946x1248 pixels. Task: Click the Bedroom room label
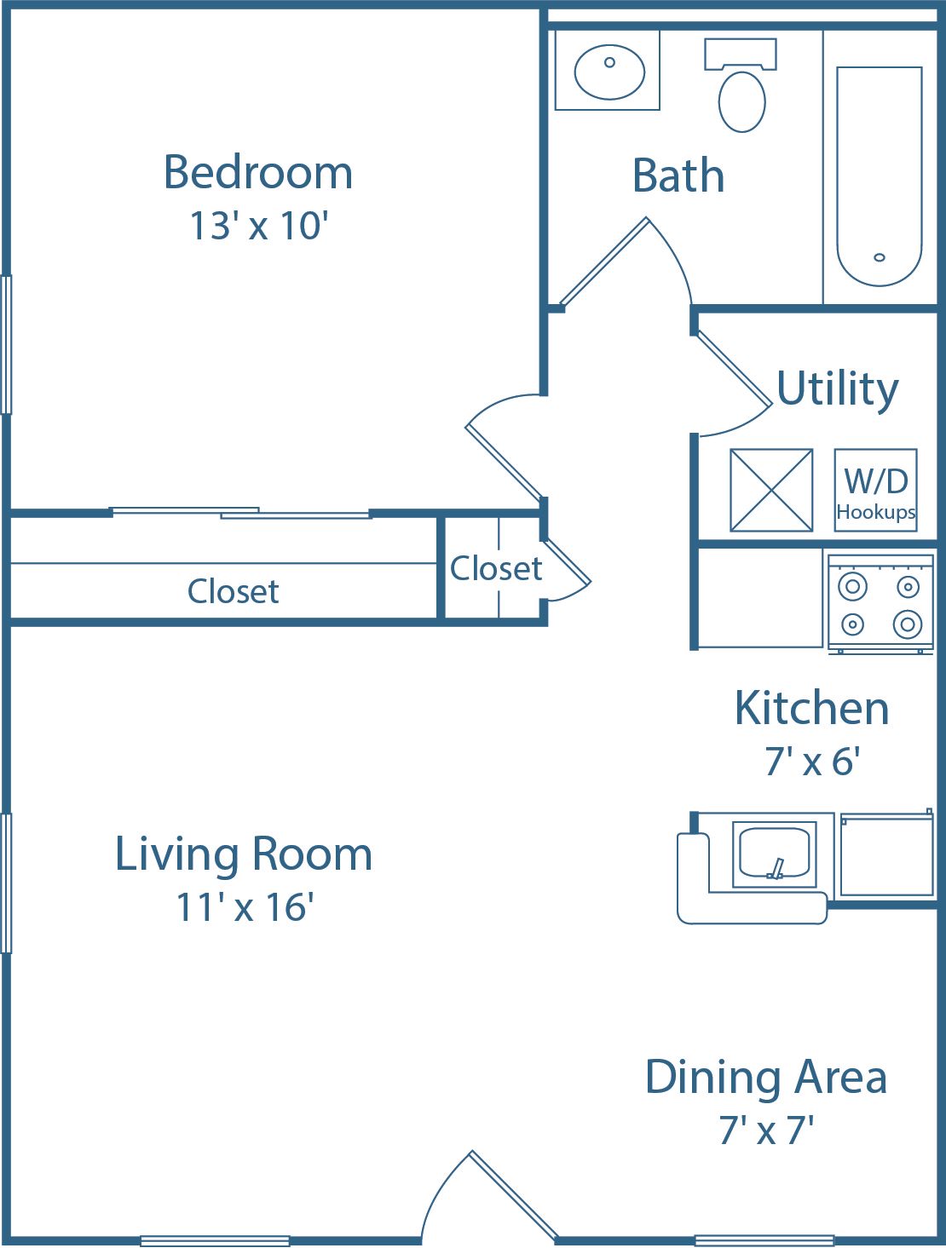click(257, 172)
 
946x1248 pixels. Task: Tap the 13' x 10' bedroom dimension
click(258, 227)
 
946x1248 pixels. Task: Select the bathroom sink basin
click(609, 72)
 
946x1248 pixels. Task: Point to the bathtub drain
click(880, 257)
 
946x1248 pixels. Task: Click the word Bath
click(678, 176)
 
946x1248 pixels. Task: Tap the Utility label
click(837, 388)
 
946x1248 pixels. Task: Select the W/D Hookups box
click(875, 491)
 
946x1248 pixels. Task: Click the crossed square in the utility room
click(771, 491)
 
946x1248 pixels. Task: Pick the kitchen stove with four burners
click(880, 603)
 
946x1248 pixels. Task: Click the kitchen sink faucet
click(776, 868)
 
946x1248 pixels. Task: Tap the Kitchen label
click(811, 709)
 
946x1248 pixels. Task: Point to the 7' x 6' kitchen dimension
click(811, 761)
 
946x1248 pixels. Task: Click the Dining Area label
click(765, 1078)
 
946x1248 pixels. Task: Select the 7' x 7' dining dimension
click(765, 1130)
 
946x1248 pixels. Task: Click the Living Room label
click(244, 854)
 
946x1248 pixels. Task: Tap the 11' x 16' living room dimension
click(245, 907)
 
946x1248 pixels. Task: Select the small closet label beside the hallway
click(495, 568)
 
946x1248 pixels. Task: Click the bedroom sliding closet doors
click(241, 513)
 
